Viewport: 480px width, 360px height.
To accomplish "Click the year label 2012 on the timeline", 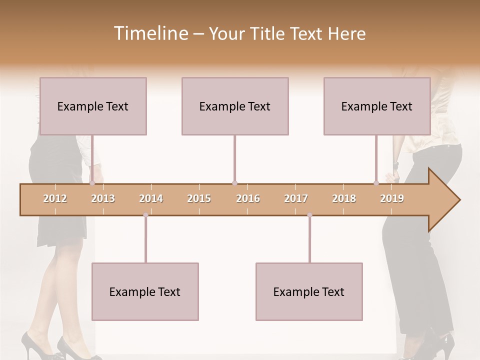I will [x=55, y=198].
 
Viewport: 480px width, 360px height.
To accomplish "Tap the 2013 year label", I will [x=103, y=198].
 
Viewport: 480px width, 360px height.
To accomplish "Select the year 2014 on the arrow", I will [x=151, y=198].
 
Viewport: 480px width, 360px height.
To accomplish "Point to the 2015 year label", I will [x=199, y=198].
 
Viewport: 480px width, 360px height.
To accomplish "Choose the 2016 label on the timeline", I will [x=248, y=198].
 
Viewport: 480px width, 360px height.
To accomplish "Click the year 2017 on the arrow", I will [x=296, y=198].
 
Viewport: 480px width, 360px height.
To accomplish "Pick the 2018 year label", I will [x=344, y=198].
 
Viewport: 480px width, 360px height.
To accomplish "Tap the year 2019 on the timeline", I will [x=392, y=198].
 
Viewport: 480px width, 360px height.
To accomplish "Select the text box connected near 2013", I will [x=93, y=106].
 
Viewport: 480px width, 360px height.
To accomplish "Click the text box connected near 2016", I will [x=235, y=106].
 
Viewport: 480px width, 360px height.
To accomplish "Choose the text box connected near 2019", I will [x=377, y=106].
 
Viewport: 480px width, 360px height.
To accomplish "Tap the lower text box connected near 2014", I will [x=145, y=291].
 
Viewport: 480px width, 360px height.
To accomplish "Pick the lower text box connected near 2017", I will [x=309, y=291].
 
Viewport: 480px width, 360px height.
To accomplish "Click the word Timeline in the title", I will [x=150, y=33].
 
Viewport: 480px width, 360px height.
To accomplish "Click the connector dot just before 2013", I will [x=92, y=183].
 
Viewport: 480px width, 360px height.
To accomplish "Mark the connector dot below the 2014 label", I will [x=145, y=215].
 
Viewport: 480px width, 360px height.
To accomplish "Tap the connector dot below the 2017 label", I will [x=309, y=215].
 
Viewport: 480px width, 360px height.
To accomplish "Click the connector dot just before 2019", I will [x=376, y=183].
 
